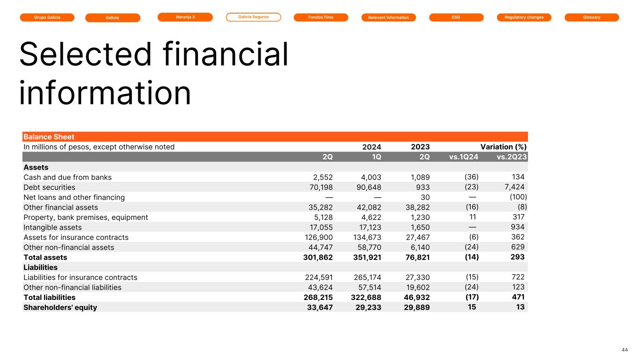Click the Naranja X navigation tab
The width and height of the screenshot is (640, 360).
pos(185,17)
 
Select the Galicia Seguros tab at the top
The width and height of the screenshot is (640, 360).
pos(253,17)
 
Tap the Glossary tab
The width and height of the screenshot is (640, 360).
pos(591,17)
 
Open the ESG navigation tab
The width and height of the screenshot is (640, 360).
pos(456,17)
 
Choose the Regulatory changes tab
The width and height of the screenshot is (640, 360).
pos(524,17)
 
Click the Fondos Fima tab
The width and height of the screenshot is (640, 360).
pos(321,17)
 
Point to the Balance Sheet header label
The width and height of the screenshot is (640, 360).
pos(49,137)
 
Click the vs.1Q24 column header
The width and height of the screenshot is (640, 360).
pos(463,157)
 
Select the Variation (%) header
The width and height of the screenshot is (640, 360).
pos(504,147)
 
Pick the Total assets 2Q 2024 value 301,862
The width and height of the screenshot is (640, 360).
pos(319,257)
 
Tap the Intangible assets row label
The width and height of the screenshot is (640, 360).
pos(52,227)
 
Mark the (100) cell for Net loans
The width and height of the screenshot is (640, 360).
pos(518,197)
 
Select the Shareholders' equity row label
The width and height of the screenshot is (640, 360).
pos(60,307)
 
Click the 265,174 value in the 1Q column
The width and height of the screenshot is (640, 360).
pos(367,277)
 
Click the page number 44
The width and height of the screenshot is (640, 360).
pos(624,350)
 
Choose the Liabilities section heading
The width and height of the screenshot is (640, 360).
pos(40,267)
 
